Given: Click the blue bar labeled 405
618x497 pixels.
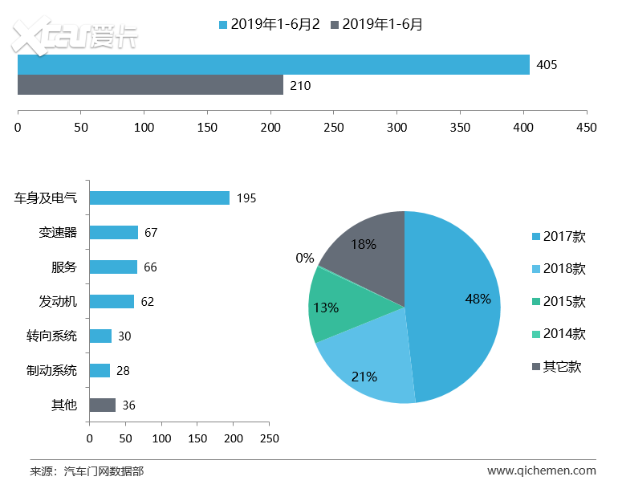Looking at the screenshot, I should (273, 64).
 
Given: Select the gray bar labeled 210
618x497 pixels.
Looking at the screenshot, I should (150, 85).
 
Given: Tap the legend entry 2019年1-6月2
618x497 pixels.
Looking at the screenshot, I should (270, 24).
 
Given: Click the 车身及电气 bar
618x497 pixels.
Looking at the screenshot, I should (159, 198).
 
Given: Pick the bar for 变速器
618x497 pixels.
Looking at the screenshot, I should (113, 232).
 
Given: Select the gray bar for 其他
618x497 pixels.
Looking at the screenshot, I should (102, 405).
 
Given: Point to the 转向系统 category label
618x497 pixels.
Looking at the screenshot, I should (51, 336).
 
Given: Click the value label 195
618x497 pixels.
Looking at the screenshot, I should (246, 198).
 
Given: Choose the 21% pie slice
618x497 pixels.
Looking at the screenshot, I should (365, 361).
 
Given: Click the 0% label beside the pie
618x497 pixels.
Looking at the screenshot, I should (305, 258).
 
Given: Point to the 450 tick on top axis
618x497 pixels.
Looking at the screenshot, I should (587, 128).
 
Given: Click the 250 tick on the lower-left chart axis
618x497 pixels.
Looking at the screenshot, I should (270, 438).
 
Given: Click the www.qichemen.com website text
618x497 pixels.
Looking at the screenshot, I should (541, 471).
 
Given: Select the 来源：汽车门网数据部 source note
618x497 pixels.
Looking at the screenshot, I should (87, 471).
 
